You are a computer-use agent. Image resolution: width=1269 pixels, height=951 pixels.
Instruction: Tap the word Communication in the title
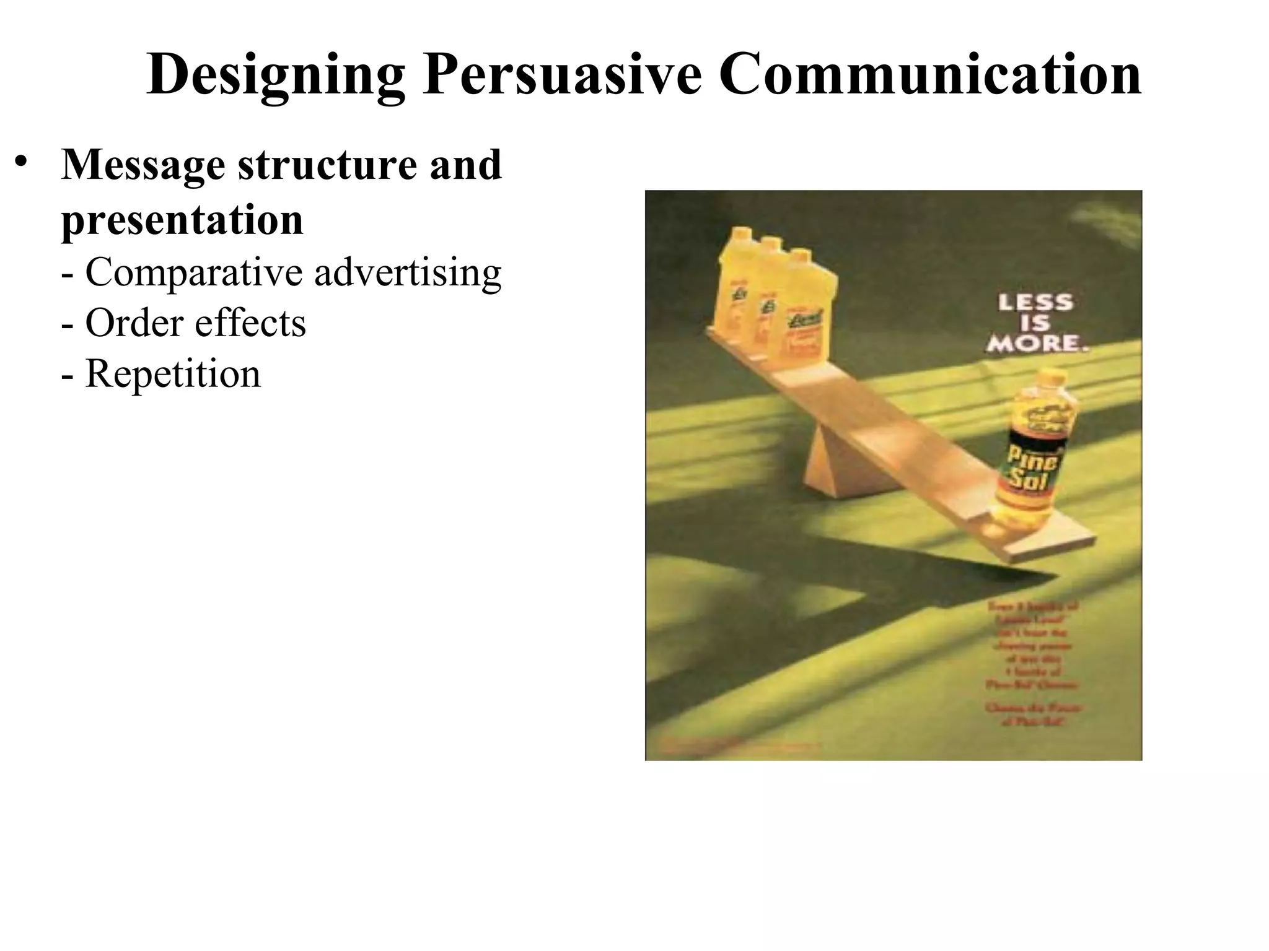[929, 76]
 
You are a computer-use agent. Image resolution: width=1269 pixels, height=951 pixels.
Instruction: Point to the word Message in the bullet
[143, 166]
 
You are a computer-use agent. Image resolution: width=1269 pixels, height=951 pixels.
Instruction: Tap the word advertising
[408, 272]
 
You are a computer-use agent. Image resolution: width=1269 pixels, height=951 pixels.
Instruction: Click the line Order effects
[184, 323]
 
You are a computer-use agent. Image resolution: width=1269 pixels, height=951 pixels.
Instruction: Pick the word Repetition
[173, 374]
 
